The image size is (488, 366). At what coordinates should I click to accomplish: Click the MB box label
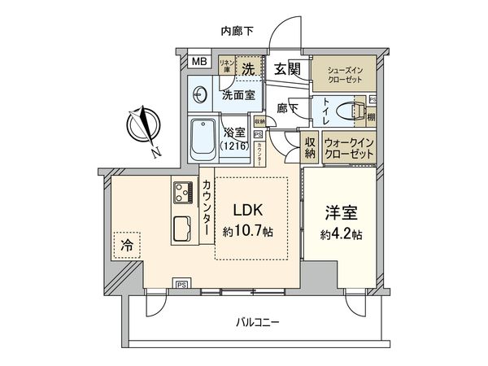[198, 62]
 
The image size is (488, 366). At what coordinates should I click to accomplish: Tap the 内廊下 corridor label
[237, 31]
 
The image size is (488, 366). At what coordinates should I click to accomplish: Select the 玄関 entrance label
[285, 68]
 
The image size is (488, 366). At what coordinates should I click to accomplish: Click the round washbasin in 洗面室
[200, 95]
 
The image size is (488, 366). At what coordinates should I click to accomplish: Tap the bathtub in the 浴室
[200, 139]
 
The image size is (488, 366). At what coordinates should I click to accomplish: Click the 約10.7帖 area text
[251, 232]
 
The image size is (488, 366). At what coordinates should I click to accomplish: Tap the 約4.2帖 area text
[341, 236]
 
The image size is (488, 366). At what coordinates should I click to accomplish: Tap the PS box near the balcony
[181, 284]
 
